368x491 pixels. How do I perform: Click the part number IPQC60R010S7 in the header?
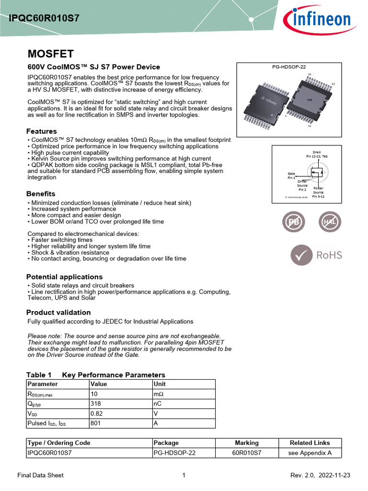pos(44,19)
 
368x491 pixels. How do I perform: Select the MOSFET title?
pos(50,53)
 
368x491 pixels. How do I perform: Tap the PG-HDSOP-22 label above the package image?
pos(289,67)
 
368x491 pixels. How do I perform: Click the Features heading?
pos(41,131)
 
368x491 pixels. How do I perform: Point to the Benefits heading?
pos(41,194)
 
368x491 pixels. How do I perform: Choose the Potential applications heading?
pos(64,277)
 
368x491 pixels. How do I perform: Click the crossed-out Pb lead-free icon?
pos(293,222)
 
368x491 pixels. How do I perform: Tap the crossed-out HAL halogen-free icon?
pos(330,222)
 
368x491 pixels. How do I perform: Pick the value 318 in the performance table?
pos(96,404)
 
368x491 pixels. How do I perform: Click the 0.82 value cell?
pos(97,413)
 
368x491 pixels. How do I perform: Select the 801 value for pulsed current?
pos(96,423)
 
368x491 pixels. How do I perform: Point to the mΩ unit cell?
pos(158,394)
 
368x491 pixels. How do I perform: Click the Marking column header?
pos(246,443)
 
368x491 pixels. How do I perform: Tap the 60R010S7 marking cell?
pos(246,453)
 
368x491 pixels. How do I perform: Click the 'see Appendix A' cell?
pos(310,453)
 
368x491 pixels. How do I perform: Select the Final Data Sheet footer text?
pos(40,475)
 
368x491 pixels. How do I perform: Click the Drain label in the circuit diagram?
pos(317,152)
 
